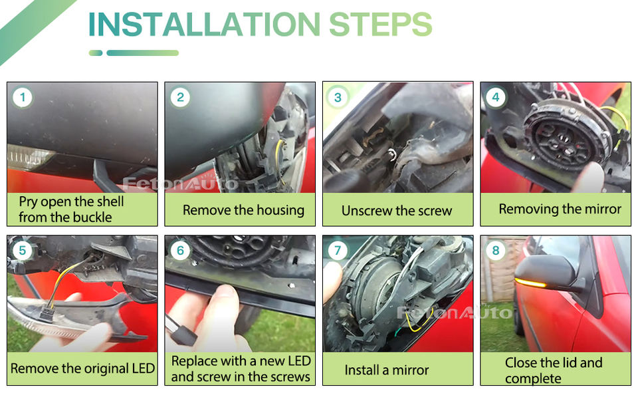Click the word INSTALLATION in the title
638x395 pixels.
pyautogui.click(x=204, y=25)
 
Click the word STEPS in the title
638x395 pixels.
pyautogui.click(x=380, y=25)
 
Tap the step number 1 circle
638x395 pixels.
pyautogui.click(x=23, y=97)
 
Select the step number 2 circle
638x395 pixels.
pyautogui.click(x=180, y=97)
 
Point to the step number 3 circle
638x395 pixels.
pyautogui.click(x=338, y=97)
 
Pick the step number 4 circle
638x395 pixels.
pyautogui.click(x=496, y=97)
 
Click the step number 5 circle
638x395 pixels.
pyautogui.click(x=23, y=250)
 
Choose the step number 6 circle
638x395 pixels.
pyautogui.click(x=180, y=250)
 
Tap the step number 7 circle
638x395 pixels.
pyautogui.click(x=338, y=250)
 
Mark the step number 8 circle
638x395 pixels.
pyautogui.click(x=496, y=250)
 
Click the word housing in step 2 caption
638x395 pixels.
pyautogui.click(x=280, y=211)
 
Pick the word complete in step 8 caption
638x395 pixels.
pyautogui.click(x=533, y=379)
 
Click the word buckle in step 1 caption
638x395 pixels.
pyautogui.click(x=92, y=217)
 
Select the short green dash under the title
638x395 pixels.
pyautogui.click(x=96, y=53)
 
